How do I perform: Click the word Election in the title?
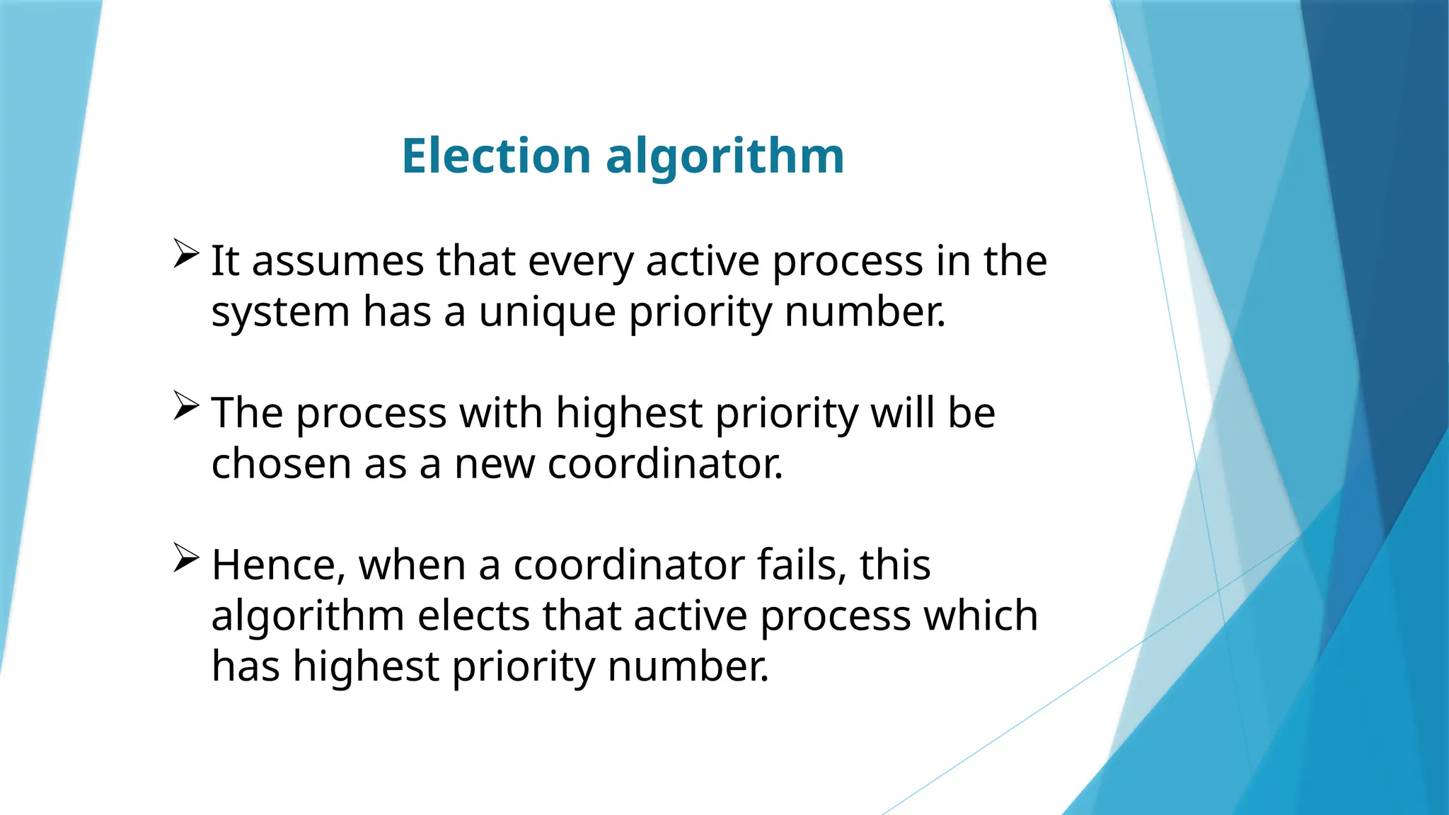(496, 156)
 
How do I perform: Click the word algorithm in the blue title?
(725, 157)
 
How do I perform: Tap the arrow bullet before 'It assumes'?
(185, 253)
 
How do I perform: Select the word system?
(280, 313)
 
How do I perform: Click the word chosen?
(281, 464)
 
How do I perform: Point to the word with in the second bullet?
(501, 412)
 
